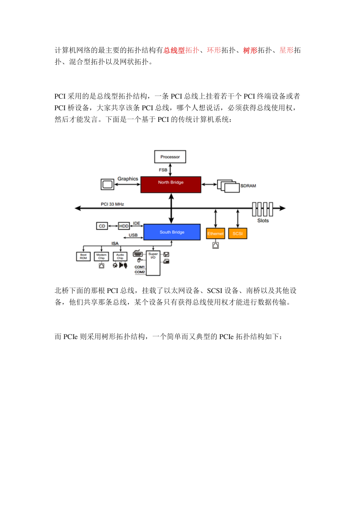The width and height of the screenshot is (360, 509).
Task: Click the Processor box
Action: click(170, 157)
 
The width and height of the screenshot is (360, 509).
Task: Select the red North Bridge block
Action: click(171, 184)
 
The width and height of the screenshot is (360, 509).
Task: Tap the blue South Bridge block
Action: click(172, 232)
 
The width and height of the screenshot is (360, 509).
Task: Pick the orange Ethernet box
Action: click(215, 233)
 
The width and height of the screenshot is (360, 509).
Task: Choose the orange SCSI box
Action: click(237, 233)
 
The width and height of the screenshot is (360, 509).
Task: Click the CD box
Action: click(102, 226)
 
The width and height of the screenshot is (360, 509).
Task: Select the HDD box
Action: click(124, 226)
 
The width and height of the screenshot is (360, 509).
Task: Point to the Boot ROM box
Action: click(83, 257)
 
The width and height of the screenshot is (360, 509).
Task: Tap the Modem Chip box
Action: click(101, 257)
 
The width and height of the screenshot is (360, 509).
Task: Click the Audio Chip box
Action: click(120, 257)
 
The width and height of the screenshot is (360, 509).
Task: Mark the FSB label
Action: click(163, 170)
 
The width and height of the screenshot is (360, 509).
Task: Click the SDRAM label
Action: click(248, 186)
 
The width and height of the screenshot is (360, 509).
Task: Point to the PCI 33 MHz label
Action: click(112, 204)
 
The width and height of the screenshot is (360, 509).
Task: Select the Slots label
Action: click(263, 221)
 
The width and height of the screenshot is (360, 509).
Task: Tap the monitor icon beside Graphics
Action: click(107, 184)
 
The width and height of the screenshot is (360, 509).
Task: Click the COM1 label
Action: click(140, 267)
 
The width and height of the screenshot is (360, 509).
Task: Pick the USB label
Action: click(133, 235)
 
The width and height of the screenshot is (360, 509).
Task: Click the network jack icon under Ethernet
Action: click(215, 245)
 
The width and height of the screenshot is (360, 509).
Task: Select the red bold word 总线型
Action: click(174, 50)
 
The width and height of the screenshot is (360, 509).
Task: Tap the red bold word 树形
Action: click(250, 50)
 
